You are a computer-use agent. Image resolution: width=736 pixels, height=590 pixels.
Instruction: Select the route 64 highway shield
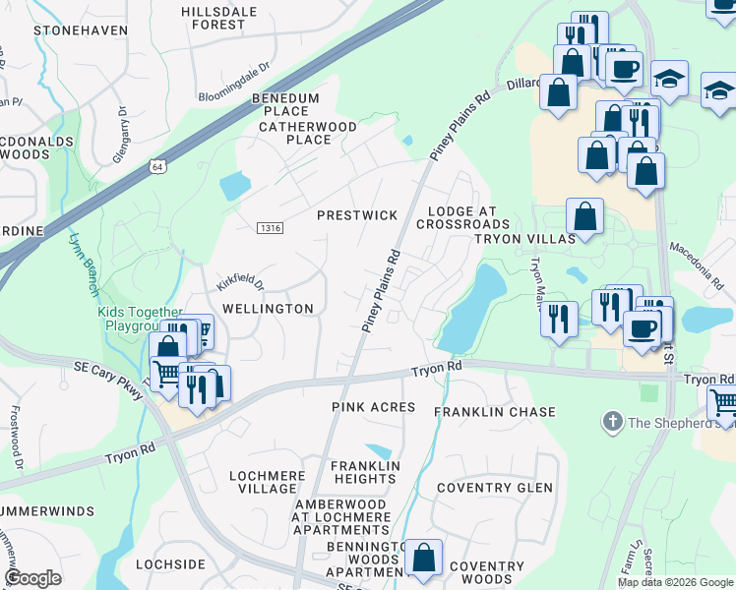coord(157,167)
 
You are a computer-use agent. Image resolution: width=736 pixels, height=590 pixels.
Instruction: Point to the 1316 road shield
coord(271,228)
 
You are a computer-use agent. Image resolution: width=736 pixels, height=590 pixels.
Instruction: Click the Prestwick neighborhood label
coord(356,214)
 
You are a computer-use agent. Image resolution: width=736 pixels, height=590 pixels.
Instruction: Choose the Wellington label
coord(268,308)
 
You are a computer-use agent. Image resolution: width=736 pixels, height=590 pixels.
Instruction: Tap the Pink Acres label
coord(373,406)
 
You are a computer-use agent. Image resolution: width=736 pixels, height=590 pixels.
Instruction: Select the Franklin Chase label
coord(495,412)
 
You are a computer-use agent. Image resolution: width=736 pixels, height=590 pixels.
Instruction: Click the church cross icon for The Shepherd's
coord(612,422)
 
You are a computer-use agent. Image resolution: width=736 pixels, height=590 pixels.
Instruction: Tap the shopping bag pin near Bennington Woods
coord(423,558)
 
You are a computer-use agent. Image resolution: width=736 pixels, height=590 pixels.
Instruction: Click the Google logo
coord(32,577)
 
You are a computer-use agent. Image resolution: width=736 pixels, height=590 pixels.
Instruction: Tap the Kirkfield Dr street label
coord(240,282)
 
